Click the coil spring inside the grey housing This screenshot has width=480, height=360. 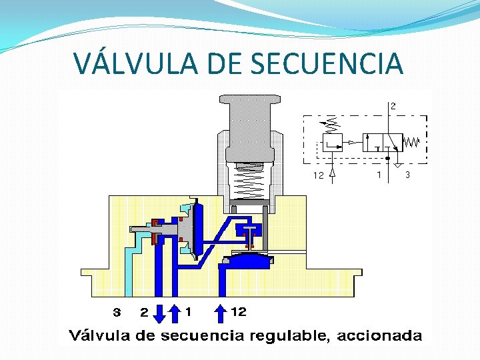251,180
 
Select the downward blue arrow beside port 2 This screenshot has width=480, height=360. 159,312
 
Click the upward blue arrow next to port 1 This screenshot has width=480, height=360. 175,311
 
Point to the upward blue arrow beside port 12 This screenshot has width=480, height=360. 222,311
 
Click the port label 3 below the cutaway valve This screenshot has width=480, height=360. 117,311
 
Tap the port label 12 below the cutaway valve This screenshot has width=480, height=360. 238,311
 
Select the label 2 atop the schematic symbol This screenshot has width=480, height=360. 393,105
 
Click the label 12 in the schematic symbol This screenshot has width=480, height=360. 319,176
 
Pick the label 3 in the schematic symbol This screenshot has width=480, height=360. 407,175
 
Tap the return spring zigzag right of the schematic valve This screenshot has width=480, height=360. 411,142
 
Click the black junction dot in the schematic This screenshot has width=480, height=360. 388,158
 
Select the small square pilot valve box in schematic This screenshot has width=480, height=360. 332,142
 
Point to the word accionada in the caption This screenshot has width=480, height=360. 379,335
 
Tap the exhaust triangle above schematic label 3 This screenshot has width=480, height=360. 396,164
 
